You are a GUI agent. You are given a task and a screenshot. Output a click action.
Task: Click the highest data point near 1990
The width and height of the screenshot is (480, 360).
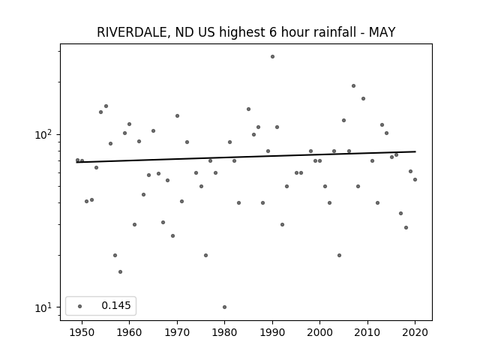pyautogui.click(x=272, y=57)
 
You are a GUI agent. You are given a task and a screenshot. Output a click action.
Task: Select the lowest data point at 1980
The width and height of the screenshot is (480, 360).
pyautogui.click(x=225, y=307)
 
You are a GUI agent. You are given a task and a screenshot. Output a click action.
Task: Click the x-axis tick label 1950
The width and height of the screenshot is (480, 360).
pyautogui.click(x=82, y=332)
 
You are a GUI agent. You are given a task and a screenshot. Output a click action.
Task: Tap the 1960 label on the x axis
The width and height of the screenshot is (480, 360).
pyautogui.click(x=129, y=332)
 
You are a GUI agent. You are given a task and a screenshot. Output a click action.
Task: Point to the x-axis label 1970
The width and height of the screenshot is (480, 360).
pyautogui.click(x=177, y=332)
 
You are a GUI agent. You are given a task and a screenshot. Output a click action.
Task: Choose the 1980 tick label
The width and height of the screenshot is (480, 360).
pyautogui.click(x=224, y=332)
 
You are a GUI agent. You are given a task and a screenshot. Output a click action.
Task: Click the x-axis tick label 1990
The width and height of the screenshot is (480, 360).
pyautogui.click(x=272, y=332)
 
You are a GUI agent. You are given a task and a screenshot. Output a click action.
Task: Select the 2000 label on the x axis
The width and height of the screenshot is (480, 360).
pyautogui.click(x=319, y=332)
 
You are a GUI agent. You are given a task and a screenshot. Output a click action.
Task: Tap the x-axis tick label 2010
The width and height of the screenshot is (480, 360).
pyautogui.click(x=367, y=332)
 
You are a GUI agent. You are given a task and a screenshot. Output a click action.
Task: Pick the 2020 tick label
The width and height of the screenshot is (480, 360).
pyautogui.click(x=415, y=332)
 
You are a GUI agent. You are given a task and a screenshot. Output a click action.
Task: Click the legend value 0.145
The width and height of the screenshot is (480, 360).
pyautogui.click(x=116, y=305)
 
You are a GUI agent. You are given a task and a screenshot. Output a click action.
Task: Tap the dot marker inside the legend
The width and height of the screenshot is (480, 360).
pyautogui.click(x=80, y=306)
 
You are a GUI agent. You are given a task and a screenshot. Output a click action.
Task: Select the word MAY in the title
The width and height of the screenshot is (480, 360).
pyautogui.click(x=382, y=32)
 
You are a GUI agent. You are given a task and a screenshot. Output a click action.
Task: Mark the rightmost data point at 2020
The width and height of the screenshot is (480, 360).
pyautogui.click(x=415, y=180)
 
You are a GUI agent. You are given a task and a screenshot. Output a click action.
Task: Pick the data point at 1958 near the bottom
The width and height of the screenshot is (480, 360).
pyautogui.click(x=120, y=271)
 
